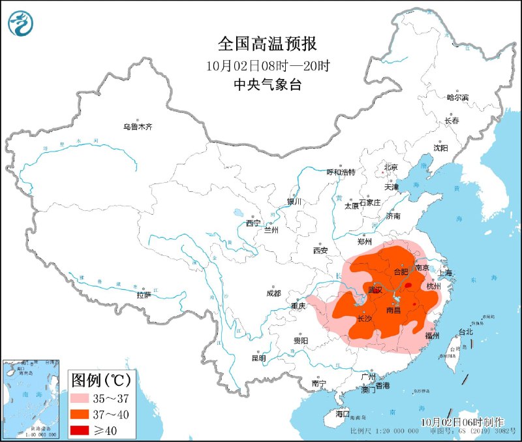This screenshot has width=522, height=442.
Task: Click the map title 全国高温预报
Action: [x=268, y=44]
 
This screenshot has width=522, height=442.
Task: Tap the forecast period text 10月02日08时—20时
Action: [x=268, y=65]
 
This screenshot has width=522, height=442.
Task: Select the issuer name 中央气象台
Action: [x=268, y=84]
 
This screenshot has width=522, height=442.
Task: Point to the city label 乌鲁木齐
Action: [x=137, y=127]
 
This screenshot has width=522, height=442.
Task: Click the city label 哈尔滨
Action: [x=457, y=97]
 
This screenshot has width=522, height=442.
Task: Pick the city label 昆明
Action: [x=258, y=358]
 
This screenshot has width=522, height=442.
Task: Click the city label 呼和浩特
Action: [x=341, y=172]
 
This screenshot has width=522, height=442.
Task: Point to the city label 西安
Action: [x=320, y=250]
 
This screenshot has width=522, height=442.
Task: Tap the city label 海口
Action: [x=343, y=414]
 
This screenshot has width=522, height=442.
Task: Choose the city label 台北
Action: [x=466, y=332]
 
